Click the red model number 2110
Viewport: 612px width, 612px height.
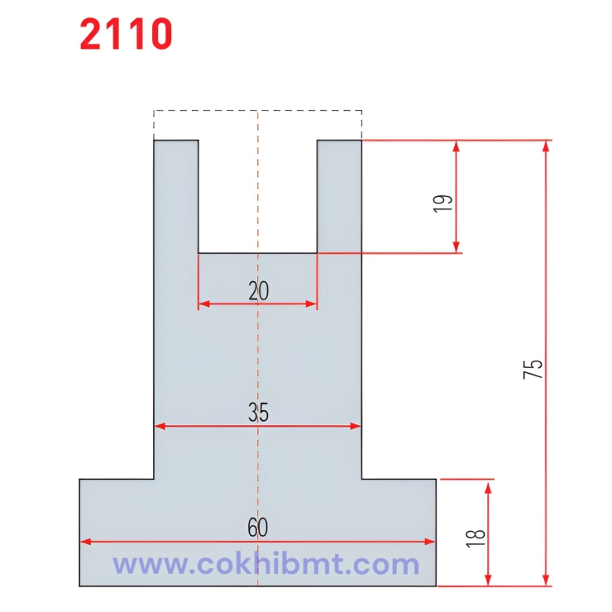[x=127, y=34]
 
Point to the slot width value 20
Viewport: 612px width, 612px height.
[x=258, y=290]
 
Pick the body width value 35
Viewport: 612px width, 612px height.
[x=258, y=413]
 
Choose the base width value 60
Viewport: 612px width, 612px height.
[x=258, y=528]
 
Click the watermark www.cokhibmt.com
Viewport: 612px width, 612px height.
[x=266, y=565]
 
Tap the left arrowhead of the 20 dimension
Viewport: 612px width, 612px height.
[x=202, y=304]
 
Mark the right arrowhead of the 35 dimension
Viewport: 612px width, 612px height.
[x=356, y=427]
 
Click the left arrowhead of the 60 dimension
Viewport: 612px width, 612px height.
[x=84, y=543]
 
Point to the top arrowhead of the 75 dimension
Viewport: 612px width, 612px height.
[x=545, y=146]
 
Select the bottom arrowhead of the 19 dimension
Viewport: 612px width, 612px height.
[x=456, y=247]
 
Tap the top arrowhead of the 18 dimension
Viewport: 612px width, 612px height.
[x=489, y=484]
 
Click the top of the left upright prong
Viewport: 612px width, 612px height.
[x=176, y=141]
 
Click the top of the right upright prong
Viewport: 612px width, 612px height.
[x=340, y=141]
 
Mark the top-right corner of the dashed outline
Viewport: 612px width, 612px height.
[x=361, y=110]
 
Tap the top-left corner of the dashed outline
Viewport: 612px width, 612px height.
[x=154, y=110]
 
